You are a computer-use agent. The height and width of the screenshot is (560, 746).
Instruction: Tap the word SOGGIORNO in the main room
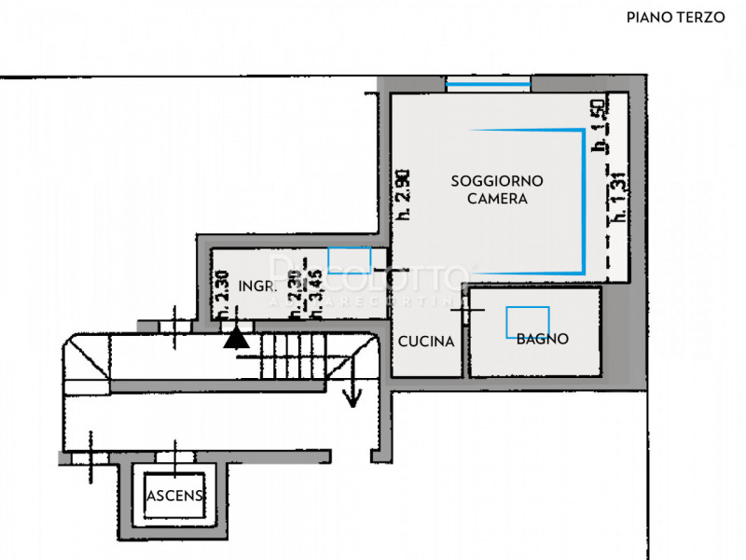497,181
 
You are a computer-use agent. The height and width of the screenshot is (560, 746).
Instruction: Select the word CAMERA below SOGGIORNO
497,199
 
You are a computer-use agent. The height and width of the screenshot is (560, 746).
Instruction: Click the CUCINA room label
426,342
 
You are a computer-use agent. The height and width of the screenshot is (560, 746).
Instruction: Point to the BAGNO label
542,340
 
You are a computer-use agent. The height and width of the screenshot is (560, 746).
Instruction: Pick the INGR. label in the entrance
255,286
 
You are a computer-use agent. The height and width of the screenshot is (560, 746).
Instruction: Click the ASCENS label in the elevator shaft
175,497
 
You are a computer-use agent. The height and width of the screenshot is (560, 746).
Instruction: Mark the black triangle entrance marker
237,337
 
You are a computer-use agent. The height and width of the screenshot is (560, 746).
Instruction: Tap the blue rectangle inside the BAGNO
528,322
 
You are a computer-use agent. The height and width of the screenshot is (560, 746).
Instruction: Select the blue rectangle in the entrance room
350,259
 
